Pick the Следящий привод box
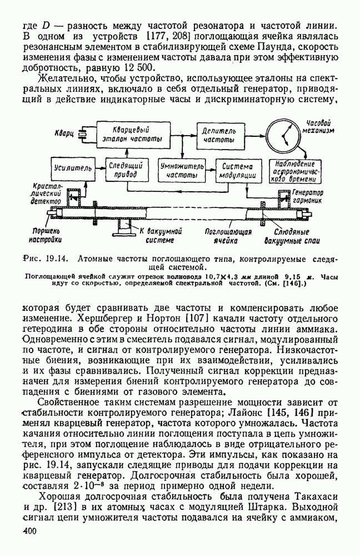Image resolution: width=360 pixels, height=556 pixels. click(x=128, y=171)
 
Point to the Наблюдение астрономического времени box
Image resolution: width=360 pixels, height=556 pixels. click(x=295, y=171)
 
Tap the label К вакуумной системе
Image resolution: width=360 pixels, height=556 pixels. click(x=161, y=236)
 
